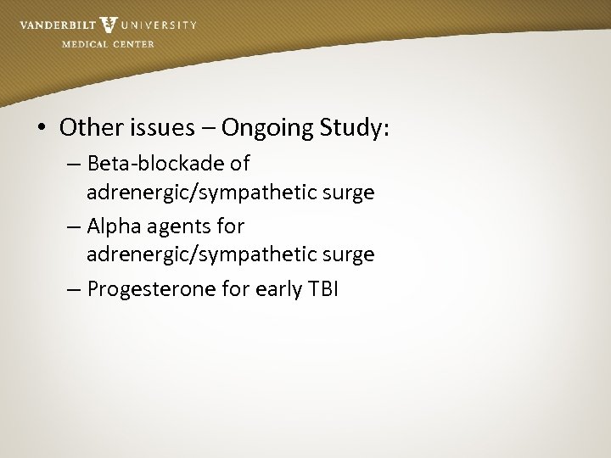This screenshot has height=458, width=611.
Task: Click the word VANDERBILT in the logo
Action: pyautogui.click(x=57, y=25)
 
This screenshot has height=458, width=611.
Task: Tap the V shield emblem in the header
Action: pyautogui.click(x=109, y=25)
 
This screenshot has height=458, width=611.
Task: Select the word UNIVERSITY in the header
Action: pyautogui.click(x=159, y=25)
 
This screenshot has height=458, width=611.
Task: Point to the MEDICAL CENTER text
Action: pyautogui.click(x=108, y=44)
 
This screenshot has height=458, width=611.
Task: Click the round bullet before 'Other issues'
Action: pyautogui.click(x=42, y=129)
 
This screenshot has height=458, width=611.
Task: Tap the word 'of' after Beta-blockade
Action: pyautogui.click(x=240, y=162)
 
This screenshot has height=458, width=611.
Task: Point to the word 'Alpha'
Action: pyautogui.click(x=115, y=226)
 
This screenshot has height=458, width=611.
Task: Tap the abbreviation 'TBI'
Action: pyautogui.click(x=322, y=289)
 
